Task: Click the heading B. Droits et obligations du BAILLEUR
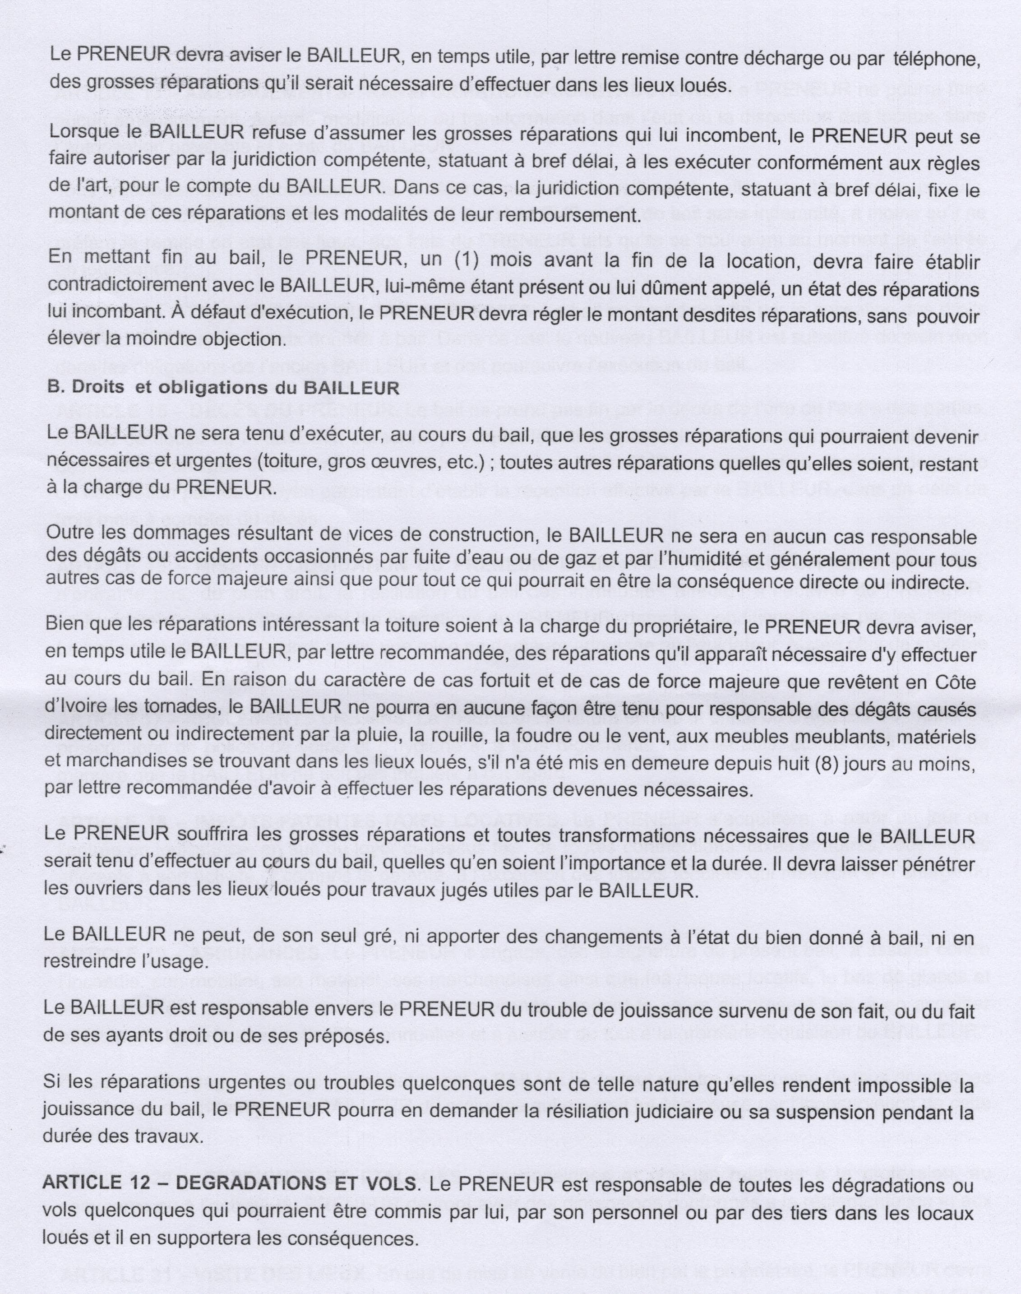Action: [x=223, y=388]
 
